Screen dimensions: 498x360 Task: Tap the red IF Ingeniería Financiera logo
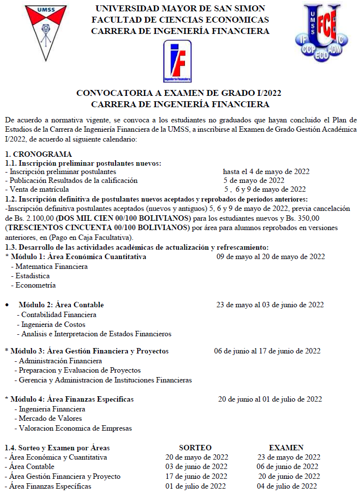pos(177,61)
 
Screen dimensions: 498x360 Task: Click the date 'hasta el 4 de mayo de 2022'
pos(266,172)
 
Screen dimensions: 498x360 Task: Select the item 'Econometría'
pos(35,285)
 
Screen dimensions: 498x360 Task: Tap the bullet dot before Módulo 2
pos(7,305)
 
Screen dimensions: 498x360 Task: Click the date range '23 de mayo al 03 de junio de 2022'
pos(270,305)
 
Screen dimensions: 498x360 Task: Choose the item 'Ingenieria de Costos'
pos(53,324)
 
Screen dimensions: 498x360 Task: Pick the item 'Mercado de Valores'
pos(50,418)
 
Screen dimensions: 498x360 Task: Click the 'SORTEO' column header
pos(195,448)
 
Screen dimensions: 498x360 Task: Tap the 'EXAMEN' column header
pos(286,448)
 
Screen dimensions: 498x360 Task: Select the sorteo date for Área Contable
pos(196,467)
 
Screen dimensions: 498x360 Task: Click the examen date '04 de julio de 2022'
pos(287,486)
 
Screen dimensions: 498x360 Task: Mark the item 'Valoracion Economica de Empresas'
pos(75,428)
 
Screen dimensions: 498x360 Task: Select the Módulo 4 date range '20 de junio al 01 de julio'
pos(270,399)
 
